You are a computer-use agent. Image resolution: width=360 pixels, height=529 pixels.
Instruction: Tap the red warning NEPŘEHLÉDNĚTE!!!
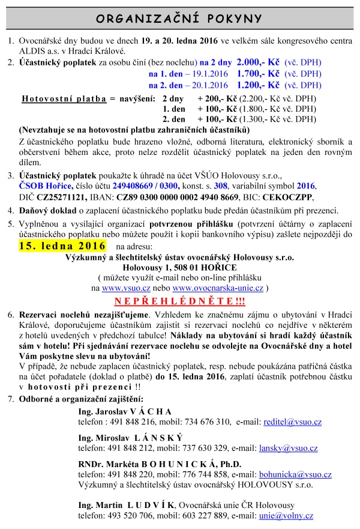181,300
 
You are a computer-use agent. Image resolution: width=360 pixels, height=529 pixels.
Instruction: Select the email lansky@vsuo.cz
289,448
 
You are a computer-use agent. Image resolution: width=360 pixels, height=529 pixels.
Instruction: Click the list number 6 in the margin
10,315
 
